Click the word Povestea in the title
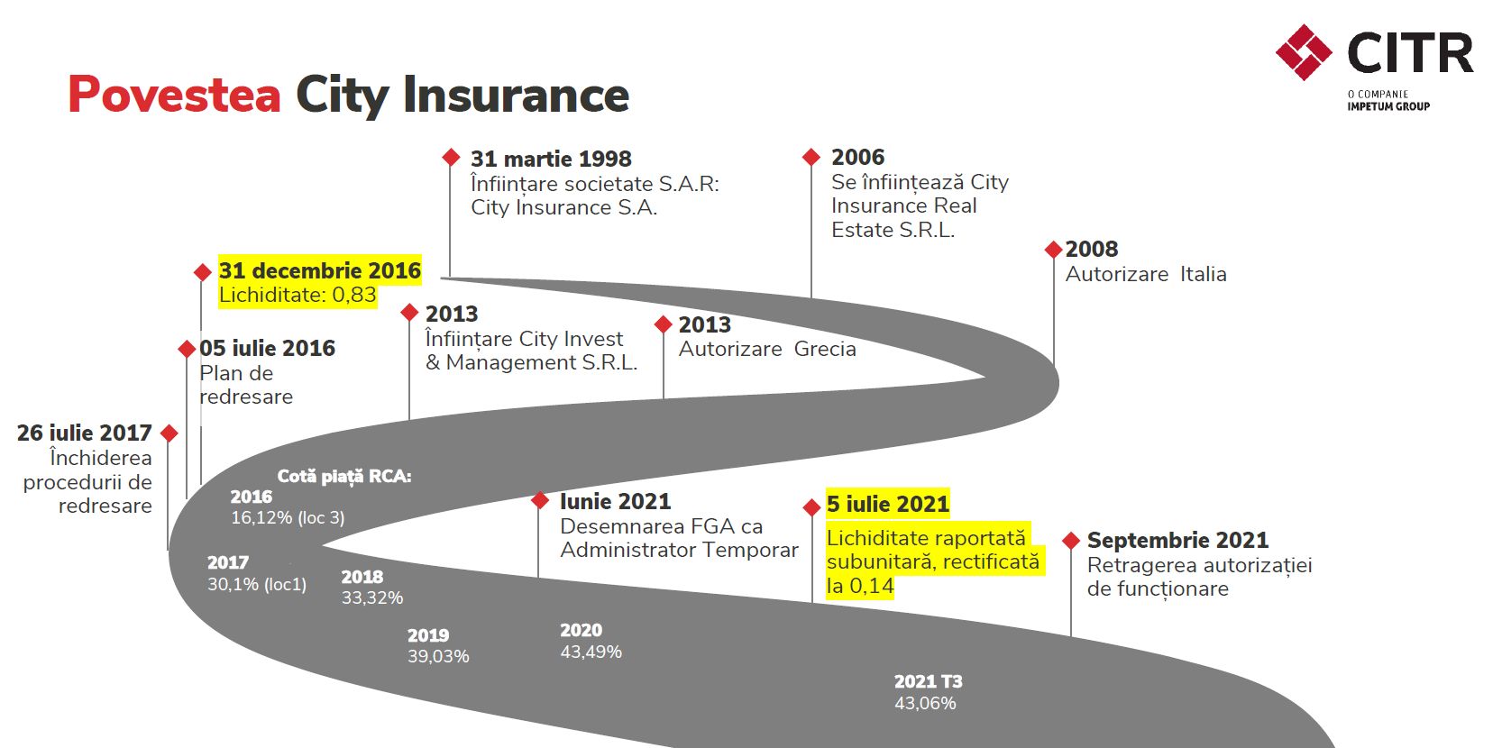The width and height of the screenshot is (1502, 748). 174,95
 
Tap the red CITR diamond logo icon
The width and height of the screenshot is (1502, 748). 1304,52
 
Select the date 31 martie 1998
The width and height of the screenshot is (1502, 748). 551,160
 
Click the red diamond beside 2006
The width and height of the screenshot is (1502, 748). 811,157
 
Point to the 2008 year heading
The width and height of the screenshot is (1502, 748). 1091,250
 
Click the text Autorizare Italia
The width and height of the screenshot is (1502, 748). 1145,274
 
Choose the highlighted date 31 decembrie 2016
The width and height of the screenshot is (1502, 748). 319,270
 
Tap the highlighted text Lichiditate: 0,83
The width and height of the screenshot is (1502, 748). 298,295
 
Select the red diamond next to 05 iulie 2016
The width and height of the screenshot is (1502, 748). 187,349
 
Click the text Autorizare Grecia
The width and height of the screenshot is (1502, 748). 766,349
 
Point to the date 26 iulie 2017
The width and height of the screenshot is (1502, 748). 84,433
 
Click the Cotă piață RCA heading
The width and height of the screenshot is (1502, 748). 343,476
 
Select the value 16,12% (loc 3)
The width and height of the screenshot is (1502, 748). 288,517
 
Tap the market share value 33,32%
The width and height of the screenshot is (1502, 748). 371,597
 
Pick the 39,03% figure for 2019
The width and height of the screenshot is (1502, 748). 438,656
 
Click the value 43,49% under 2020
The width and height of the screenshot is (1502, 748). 591,652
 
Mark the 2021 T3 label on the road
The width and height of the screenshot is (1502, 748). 928,681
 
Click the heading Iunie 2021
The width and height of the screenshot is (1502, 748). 615,501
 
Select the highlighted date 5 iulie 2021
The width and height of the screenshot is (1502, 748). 887,504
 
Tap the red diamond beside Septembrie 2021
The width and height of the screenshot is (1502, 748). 1071,541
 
